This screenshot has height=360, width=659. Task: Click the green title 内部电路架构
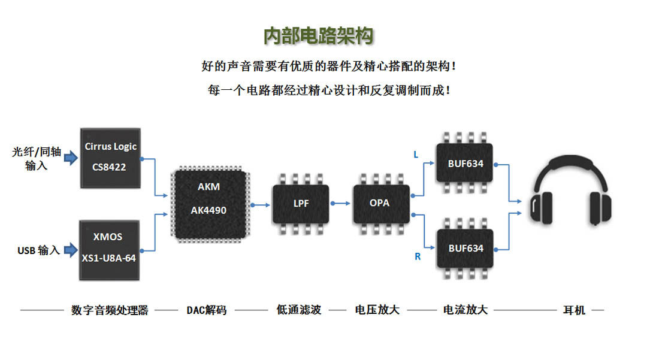click(318, 36)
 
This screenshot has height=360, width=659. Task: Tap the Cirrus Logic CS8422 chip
click(110, 158)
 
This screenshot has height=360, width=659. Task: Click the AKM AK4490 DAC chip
click(208, 204)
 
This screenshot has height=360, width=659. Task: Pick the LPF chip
click(301, 204)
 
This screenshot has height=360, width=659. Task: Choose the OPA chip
click(379, 204)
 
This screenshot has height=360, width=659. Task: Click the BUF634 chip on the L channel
click(465, 162)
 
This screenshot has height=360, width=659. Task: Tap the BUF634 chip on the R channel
click(465, 247)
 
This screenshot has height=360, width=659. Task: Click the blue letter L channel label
click(416, 155)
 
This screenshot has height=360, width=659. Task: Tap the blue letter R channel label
click(418, 257)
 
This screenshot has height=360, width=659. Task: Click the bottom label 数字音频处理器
click(110, 310)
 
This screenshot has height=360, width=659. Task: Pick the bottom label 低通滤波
click(299, 310)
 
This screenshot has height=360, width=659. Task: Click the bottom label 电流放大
click(465, 310)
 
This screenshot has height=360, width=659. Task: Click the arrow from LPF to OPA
click(341, 204)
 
